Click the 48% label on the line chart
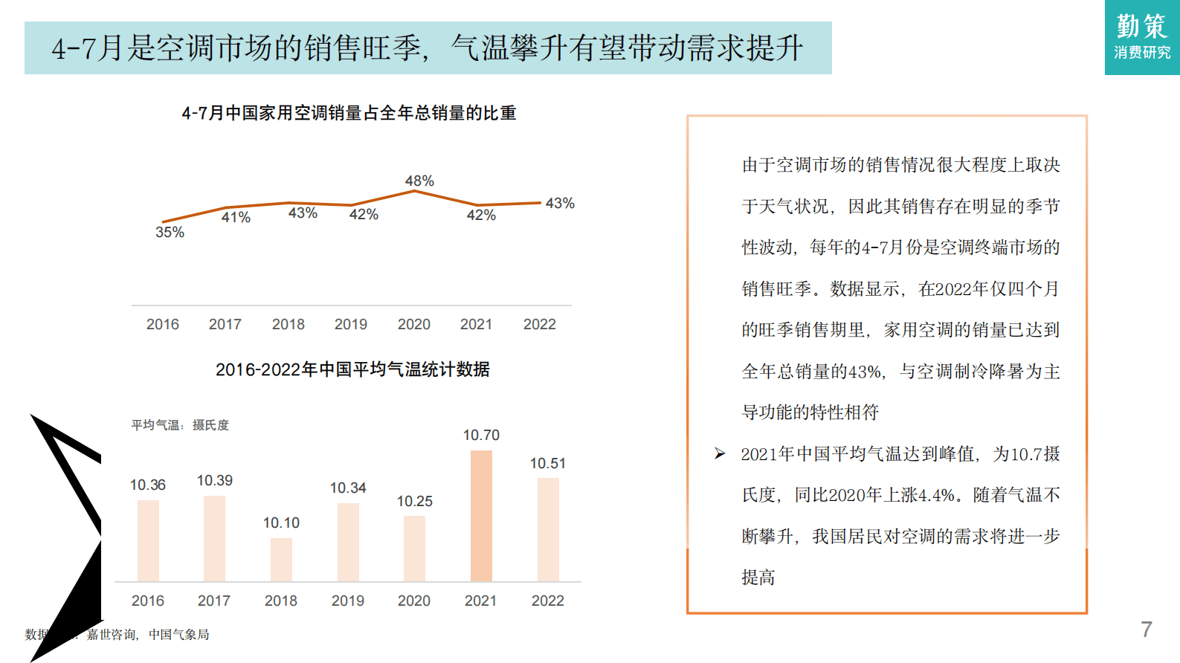pos(419,181)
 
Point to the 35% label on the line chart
pos(170,232)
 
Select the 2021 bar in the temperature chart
pos(481,516)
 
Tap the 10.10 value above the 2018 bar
pos(281,523)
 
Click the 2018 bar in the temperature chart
pos(281,560)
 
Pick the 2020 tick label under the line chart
pos(413,324)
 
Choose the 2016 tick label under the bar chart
pos(148,601)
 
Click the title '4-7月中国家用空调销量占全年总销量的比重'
pos(349,113)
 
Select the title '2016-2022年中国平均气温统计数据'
pos(352,369)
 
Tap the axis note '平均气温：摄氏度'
pos(180,425)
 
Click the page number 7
pos(1147,630)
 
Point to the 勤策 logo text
pos(1142,26)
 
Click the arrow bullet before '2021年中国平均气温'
pos(720,453)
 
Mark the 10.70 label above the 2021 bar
pos(481,436)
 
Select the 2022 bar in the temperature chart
pos(548,529)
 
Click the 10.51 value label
pos(548,464)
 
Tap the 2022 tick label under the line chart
pos(539,324)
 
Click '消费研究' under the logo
pos(1142,53)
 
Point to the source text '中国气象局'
pos(178,635)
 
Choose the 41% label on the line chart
pos(236,217)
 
